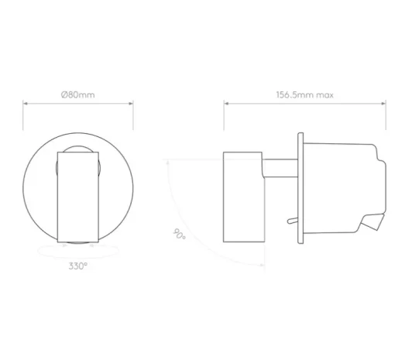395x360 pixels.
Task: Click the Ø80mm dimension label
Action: pyautogui.click(x=77, y=94)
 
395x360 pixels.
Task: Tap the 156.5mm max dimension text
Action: pyautogui.click(x=304, y=94)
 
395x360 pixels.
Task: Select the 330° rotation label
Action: pyautogui.click(x=78, y=266)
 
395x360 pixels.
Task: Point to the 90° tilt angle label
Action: pyautogui.click(x=179, y=234)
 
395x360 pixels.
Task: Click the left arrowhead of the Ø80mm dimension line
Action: pyautogui.click(x=25, y=104)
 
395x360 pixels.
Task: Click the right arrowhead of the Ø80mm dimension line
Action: pyautogui.click(x=131, y=104)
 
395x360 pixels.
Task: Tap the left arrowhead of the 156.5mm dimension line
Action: pyautogui.click(x=226, y=104)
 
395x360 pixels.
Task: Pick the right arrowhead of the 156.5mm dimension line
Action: pyautogui.click(x=383, y=104)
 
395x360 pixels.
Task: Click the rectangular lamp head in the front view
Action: pyautogui.click(x=78, y=197)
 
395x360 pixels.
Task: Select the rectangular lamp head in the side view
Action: pyautogui.click(x=244, y=197)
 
